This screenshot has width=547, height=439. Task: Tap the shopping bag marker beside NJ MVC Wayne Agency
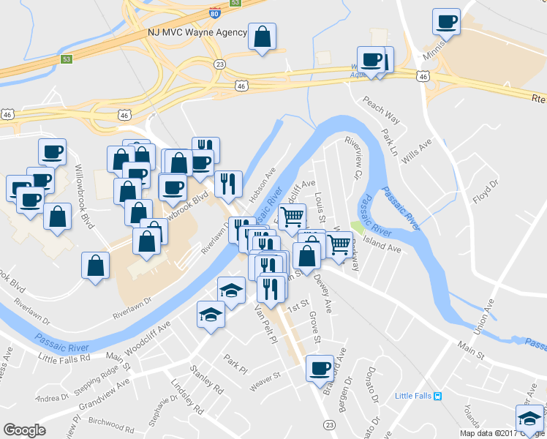point(262,36)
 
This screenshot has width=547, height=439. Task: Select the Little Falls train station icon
point(437,396)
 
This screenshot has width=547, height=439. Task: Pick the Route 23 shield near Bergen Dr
point(329,425)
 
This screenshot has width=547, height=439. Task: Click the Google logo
point(24,430)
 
